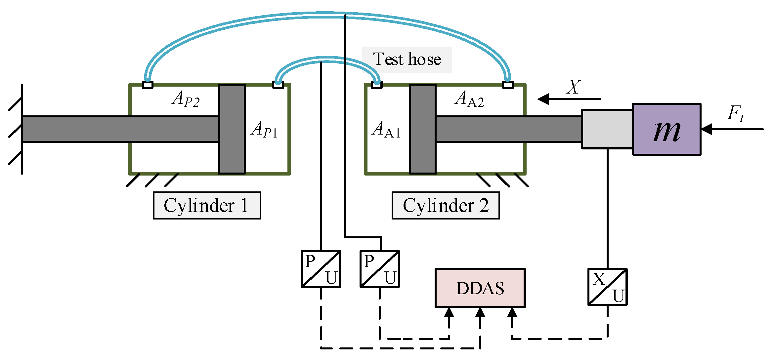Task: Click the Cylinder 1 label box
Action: coord(207,205)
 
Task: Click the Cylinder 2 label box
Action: coord(446,205)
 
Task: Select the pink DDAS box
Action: coord(480,288)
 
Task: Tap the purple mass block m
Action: coord(666,129)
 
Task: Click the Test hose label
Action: coord(407,60)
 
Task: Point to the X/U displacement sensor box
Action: coord(607,287)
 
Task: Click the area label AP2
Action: coord(186,99)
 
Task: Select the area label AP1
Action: coord(264,129)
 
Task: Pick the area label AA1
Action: coord(386,129)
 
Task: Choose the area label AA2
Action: coord(469,99)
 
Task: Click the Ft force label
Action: coord(736,113)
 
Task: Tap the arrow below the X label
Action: coord(569,99)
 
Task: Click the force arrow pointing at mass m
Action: coord(732,129)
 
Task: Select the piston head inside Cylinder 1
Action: coord(232,129)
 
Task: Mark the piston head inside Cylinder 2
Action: coord(423,129)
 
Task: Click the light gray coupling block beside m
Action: coord(607,129)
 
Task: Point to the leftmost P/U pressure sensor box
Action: coord(321,269)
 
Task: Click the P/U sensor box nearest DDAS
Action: coord(380,269)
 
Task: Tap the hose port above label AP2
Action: coord(148,85)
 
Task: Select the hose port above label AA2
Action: coord(508,85)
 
